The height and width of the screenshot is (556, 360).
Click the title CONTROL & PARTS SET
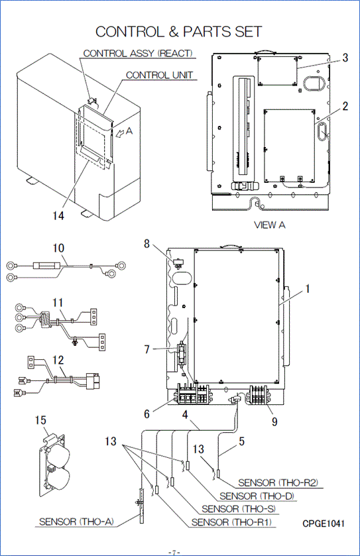point(179,32)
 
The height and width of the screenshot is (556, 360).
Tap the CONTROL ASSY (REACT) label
point(138,53)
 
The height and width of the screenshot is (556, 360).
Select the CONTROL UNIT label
point(160,75)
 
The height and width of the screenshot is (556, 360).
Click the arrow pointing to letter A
point(120,133)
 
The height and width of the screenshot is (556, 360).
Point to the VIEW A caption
point(270,225)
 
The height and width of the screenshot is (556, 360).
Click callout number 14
point(58,215)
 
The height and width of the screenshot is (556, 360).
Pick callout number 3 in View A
point(345,58)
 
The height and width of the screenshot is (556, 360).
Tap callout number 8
point(147,244)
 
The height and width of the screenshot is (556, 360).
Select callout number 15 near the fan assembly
point(41,420)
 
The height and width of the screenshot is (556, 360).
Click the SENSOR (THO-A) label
point(76,522)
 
